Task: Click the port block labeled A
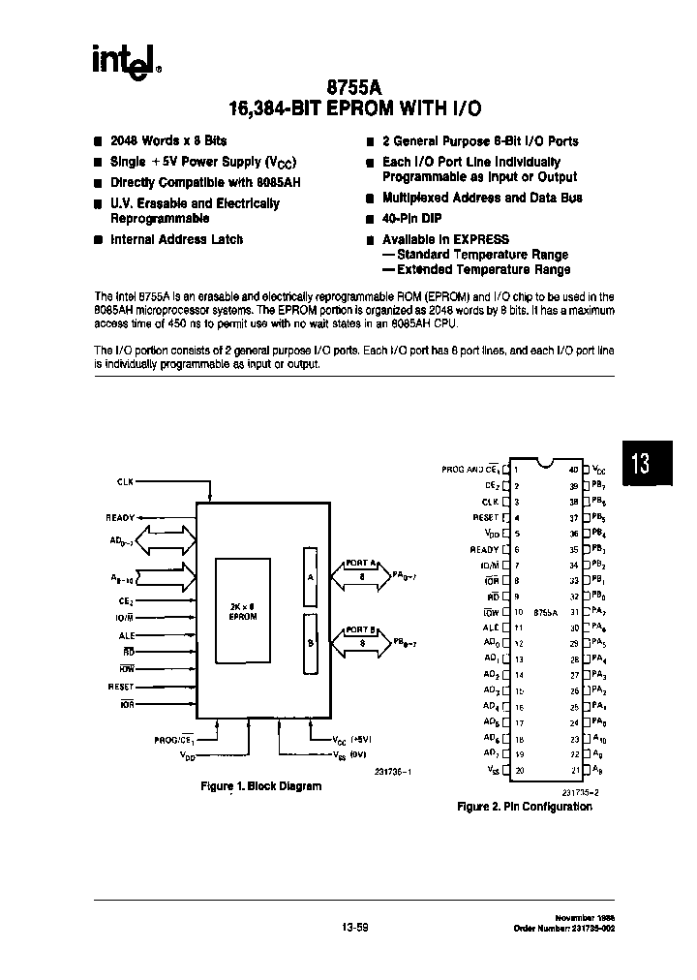point(310,575)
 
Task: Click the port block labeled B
point(310,643)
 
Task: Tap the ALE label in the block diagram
point(126,635)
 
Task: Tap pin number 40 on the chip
point(573,470)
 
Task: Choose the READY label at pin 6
point(484,549)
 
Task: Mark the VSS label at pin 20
point(493,771)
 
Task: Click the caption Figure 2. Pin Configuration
point(524,807)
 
